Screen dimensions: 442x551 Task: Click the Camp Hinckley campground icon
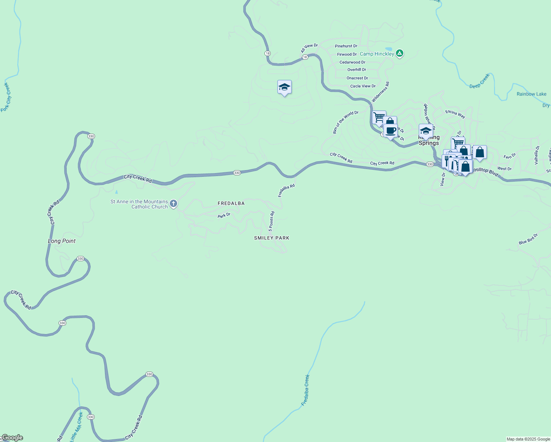pyautogui.click(x=400, y=54)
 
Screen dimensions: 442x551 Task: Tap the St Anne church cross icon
pyautogui.click(x=173, y=204)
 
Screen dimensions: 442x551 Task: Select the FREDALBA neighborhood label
pyautogui.click(x=231, y=203)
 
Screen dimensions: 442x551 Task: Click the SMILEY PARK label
pyautogui.click(x=271, y=238)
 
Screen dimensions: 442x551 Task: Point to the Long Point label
pyautogui.click(x=62, y=241)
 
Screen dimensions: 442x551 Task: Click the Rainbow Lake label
pyautogui.click(x=531, y=94)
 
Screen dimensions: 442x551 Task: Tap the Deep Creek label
pyautogui.click(x=480, y=81)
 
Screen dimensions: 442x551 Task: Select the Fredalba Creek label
pyautogui.click(x=305, y=390)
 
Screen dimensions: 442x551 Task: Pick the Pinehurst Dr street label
pyautogui.click(x=346, y=46)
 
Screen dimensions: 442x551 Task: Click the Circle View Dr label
pyautogui.click(x=363, y=86)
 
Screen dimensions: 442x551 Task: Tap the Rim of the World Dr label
pyautogui.click(x=345, y=122)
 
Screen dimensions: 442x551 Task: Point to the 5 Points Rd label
pyautogui.click(x=271, y=221)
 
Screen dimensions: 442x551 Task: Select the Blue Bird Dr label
pyautogui.click(x=528, y=239)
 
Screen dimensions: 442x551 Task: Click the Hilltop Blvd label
pyautogui.click(x=486, y=171)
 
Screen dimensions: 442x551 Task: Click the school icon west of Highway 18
pyautogui.click(x=284, y=87)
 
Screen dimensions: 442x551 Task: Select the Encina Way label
pyautogui.click(x=455, y=114)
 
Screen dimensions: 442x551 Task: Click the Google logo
pyautogui.click(x=12, y=438)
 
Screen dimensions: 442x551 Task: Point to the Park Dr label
pyautogui.click(x=224, y=215)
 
